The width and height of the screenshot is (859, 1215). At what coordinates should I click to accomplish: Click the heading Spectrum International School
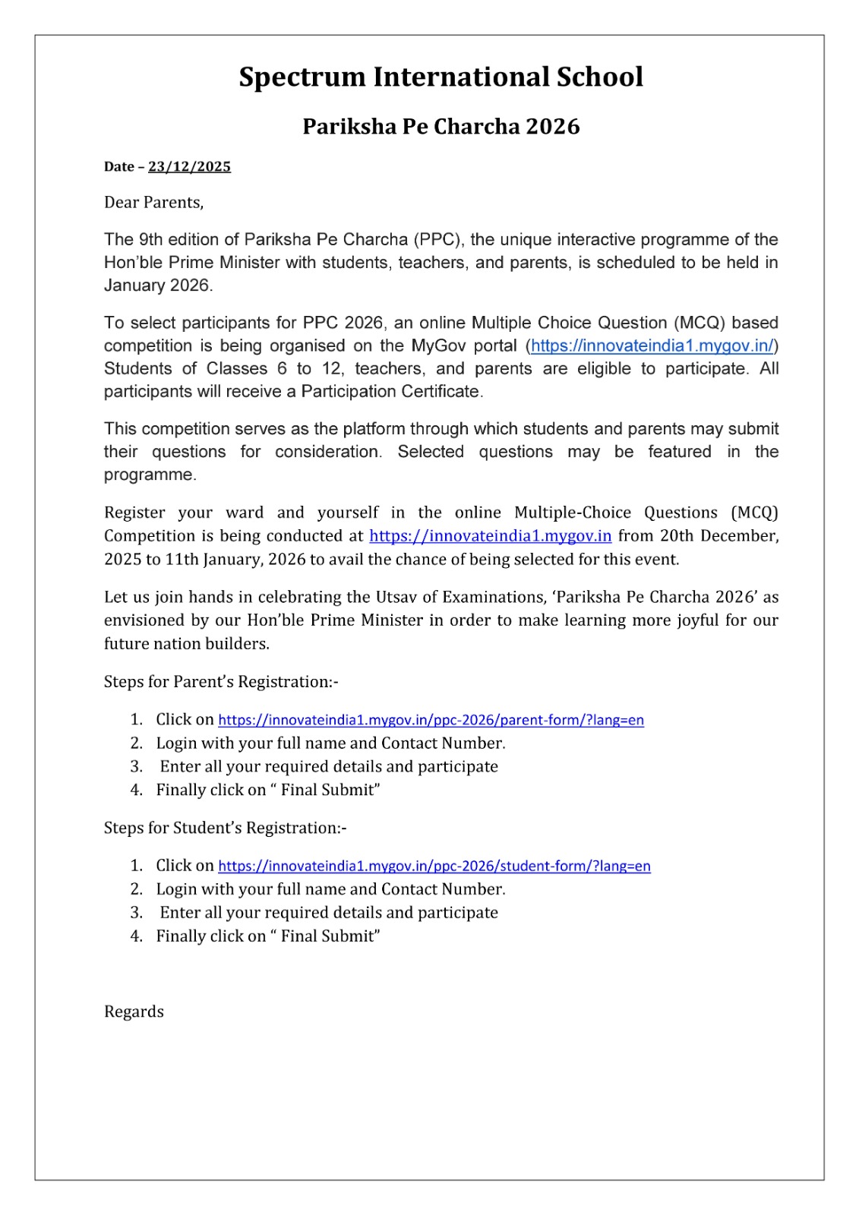point(441,77)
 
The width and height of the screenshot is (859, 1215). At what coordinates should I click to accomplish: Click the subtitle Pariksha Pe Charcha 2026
point(441,126)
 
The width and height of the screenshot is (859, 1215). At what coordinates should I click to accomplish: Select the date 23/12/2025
point(189,167)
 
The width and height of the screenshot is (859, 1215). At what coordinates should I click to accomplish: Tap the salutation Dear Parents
point(153,203)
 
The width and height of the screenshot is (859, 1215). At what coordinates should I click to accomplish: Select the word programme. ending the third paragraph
point(150,475)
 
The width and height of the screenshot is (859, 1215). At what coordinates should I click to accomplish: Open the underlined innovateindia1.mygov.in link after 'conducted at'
point(490,536)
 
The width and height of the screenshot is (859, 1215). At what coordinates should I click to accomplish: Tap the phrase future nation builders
point(186,644)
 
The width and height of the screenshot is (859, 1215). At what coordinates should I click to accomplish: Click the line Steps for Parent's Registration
point(220,682)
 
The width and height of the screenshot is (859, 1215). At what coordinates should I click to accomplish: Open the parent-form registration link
point(431,720)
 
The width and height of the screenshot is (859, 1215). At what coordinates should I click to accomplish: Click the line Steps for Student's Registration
point(225,828)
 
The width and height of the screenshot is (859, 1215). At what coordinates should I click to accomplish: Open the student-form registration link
point(434,866)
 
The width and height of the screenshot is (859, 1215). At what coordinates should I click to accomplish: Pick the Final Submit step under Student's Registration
point(267,936)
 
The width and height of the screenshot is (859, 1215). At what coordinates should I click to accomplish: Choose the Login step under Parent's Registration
point(330,743)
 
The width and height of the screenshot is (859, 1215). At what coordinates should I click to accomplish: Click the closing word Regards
point(134,1012)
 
